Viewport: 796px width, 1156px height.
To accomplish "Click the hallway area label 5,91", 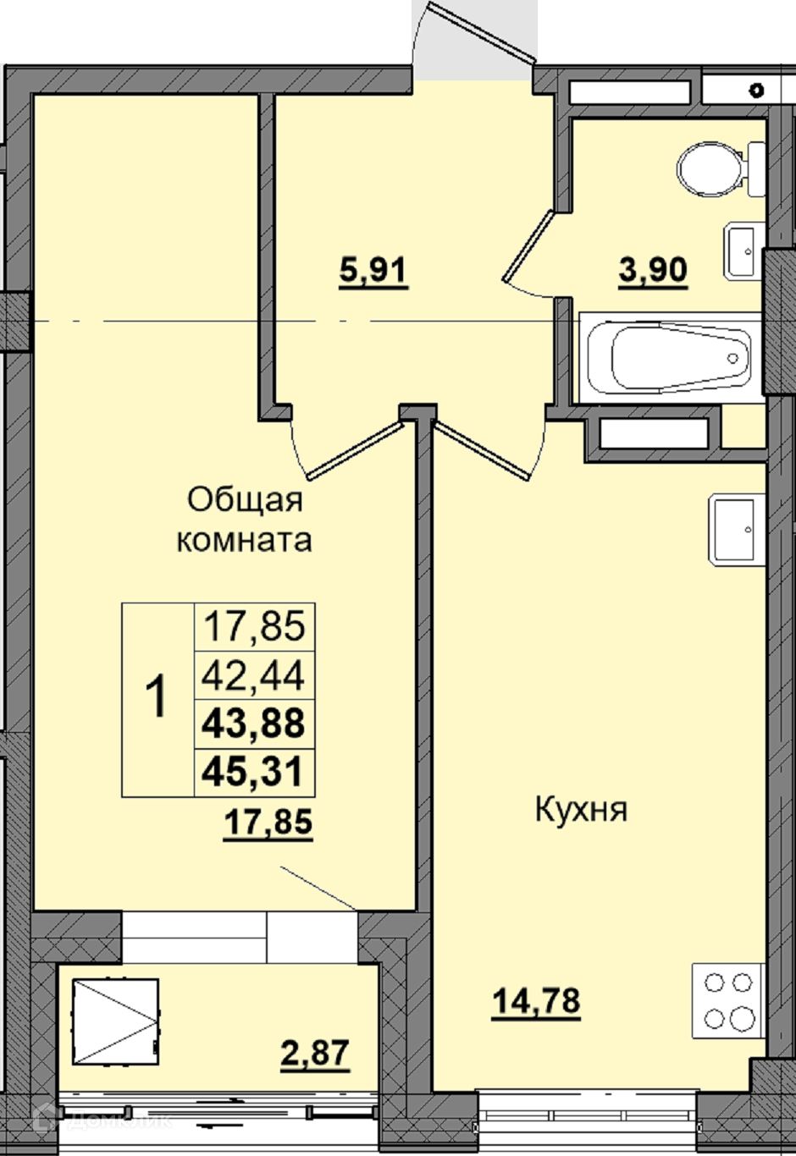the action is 373,272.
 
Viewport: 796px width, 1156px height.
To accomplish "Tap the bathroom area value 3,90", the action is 653,271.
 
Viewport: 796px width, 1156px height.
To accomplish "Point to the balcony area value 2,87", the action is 315,1053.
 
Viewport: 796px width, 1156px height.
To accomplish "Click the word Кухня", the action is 581,809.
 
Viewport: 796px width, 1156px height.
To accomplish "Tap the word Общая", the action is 245,500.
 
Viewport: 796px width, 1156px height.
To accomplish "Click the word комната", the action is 245,541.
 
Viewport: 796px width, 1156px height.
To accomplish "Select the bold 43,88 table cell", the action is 253,724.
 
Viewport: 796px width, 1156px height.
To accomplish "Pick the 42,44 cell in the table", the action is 253,675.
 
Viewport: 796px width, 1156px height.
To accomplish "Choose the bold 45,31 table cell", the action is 253,772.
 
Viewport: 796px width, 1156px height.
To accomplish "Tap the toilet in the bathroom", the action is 721,168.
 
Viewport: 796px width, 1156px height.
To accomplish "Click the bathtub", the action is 671,357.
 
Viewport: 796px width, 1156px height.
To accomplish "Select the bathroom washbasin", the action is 743,251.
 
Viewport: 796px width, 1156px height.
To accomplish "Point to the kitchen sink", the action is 737,530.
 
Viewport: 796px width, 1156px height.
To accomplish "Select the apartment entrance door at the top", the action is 481,31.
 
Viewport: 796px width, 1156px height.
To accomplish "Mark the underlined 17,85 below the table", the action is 268,822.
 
